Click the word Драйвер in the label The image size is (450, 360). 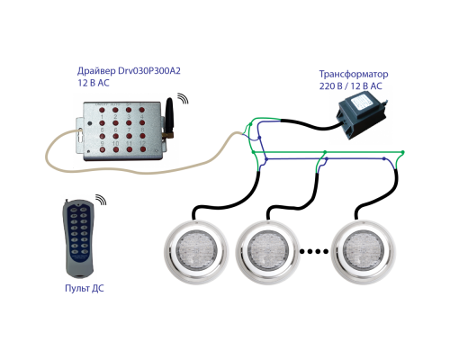[96, 71]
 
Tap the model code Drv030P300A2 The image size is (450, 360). [149, 71]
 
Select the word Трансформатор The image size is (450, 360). [354, 74]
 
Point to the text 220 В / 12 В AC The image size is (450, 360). [350, 86]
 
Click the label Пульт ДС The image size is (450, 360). [85, 288]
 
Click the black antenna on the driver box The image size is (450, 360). [169, 117]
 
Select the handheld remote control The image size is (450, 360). [79, 238]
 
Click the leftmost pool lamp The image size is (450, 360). [196, 251]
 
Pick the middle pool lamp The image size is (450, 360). [268, 251]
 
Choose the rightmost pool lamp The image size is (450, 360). [364, 251]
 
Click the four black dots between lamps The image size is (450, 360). [314, 251]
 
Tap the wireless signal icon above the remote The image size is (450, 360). [102, 199]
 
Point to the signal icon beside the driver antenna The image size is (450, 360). [183, 98]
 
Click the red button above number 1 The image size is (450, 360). [102, 110]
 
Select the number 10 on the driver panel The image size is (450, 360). [115, 143]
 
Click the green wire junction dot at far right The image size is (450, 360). [402, 152]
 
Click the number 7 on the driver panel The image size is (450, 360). [129, 130]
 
